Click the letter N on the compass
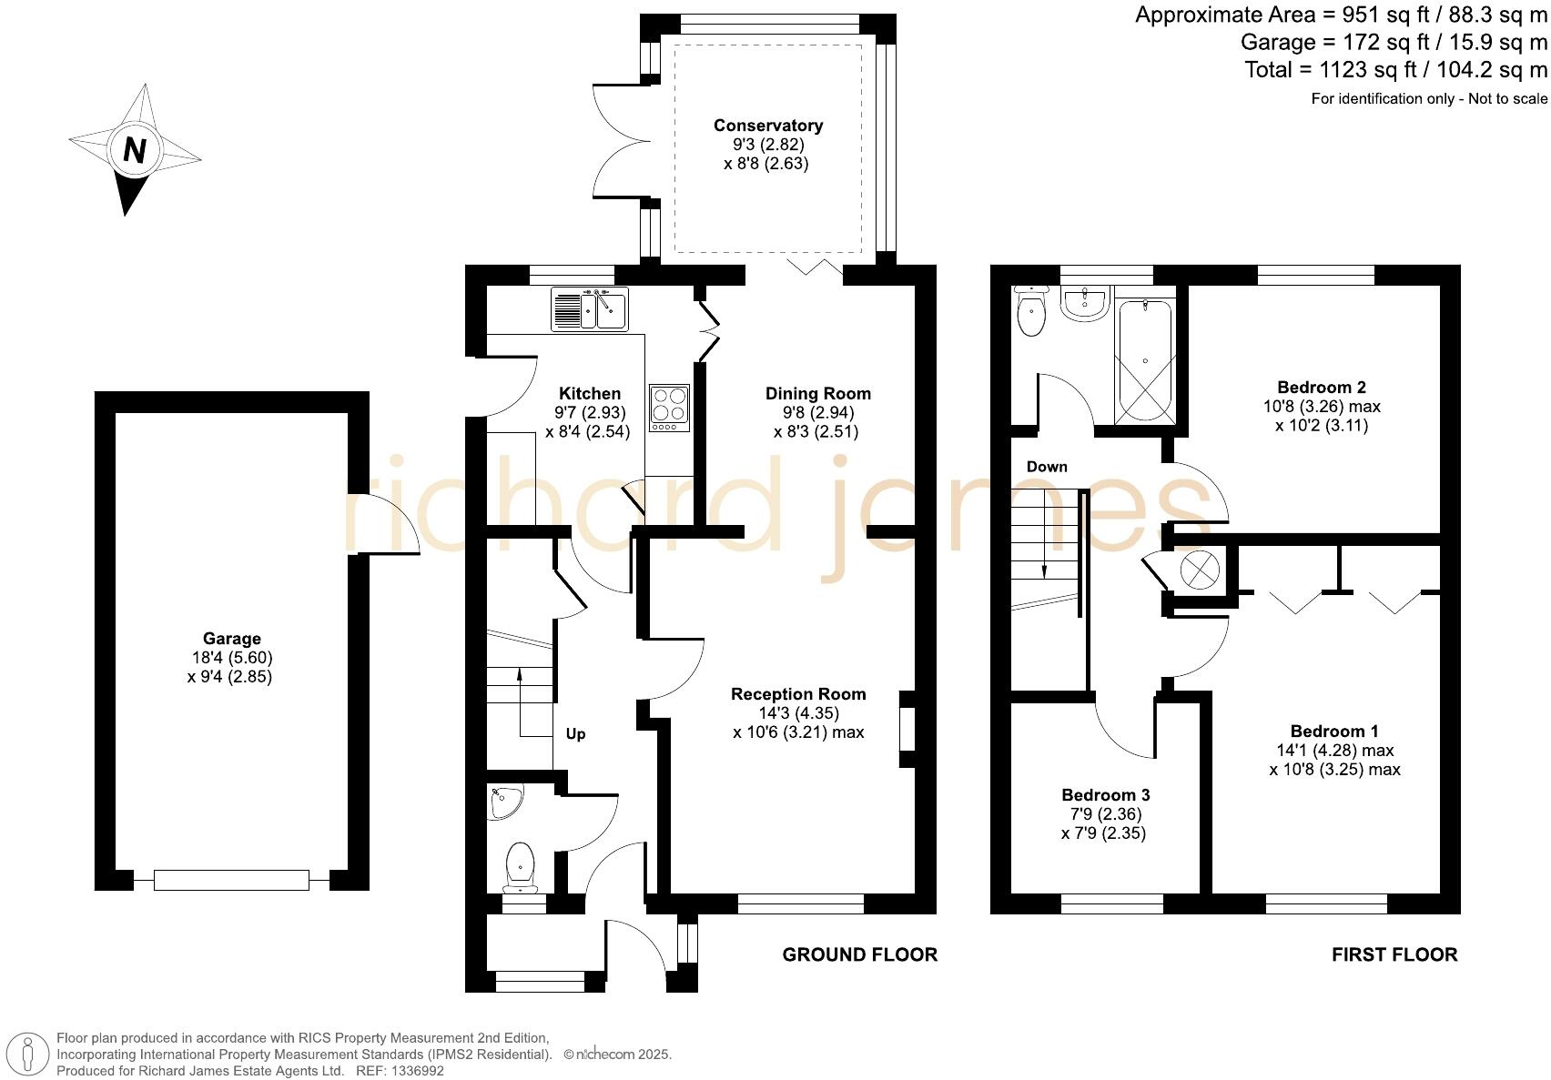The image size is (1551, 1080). (x=135, y=150)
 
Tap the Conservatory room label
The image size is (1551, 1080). (x=768, y=126)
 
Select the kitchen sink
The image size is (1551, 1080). (x=589, y=308)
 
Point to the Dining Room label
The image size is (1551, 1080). (x=817, y=393)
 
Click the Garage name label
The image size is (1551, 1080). (x=231, y=639)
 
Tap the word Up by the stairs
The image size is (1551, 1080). (x=575, y=734)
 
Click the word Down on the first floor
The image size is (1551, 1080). (x=1046, y=467)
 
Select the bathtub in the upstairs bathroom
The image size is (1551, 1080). (x=1144, y=360)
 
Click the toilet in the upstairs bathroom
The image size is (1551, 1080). (x=1031, y=311)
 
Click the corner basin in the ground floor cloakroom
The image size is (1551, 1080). (x=504, y=802)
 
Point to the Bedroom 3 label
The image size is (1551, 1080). (x=1105, y=795)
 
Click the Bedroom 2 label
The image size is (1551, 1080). (x=1321, y=387)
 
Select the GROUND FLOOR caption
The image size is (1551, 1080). (x=859, y=954)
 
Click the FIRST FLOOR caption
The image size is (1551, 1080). (x=1394, y=954)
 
